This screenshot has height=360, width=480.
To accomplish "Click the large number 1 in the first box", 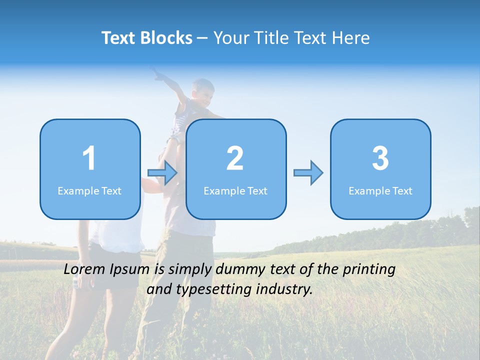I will tap(89, 158).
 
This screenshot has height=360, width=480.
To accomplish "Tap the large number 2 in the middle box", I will tap(235, 158).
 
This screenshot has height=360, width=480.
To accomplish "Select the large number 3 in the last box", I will tap(380, 158).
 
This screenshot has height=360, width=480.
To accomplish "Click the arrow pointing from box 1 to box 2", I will tap(163, 173).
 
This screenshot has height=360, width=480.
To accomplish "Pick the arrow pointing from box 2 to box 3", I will tap(308, 173).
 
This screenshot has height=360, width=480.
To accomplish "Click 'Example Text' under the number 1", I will tap(89, 190).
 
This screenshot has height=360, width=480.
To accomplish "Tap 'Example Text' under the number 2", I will tap(235, 190).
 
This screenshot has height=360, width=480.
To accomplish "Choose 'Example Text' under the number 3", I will tap(380, 190).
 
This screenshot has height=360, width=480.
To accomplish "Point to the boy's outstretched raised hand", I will tap(158, 75).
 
